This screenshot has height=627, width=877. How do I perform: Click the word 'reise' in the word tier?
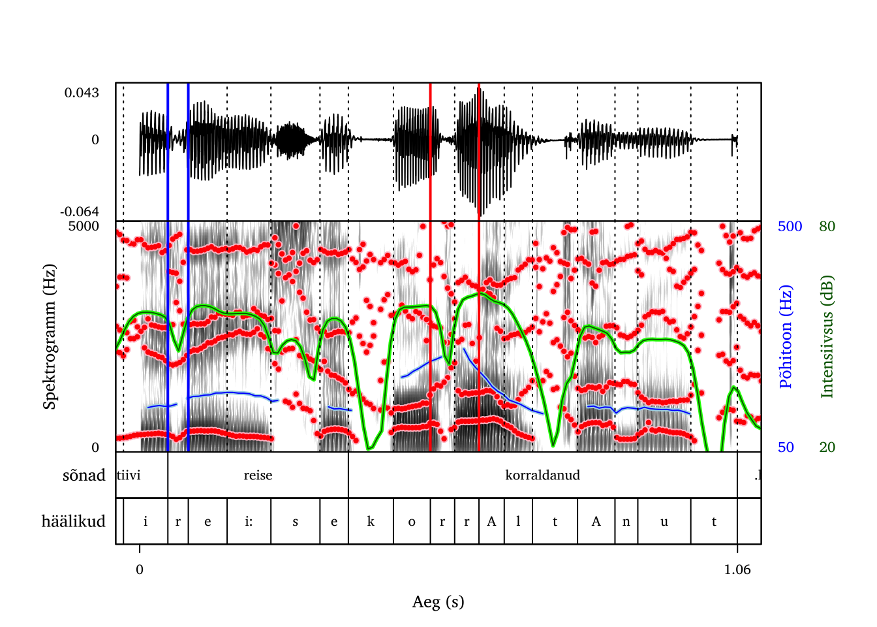point(258,475)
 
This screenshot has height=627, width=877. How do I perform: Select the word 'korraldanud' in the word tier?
point(542,475)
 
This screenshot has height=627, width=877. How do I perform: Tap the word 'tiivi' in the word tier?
point(129,475)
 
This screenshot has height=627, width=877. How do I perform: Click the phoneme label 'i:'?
point(249,521)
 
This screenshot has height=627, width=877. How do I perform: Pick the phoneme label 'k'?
point(371,521)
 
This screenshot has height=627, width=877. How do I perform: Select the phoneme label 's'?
point(295,521)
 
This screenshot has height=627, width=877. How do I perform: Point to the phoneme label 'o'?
point(412,521)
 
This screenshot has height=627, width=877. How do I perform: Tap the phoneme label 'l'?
point(518,521)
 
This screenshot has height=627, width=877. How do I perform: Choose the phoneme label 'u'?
point(664,521)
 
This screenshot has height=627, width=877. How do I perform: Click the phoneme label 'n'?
point(626,521)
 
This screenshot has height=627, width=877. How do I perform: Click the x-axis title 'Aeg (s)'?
point(438,602)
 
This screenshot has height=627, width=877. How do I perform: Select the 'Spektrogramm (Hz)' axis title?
point(50,336)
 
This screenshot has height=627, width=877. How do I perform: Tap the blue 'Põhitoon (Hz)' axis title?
point(786,336)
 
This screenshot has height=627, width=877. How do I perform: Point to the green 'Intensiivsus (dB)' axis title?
point(827,336)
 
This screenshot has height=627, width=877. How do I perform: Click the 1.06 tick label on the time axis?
point(737,570)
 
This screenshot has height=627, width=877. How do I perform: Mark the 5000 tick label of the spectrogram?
point(84,227)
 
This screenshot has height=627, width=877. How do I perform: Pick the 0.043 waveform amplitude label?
point(82,93)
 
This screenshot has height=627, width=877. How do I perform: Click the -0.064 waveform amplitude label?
point(80,212)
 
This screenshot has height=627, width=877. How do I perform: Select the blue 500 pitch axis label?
point(790,227)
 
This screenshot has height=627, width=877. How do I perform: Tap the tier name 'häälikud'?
point(73,521)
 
